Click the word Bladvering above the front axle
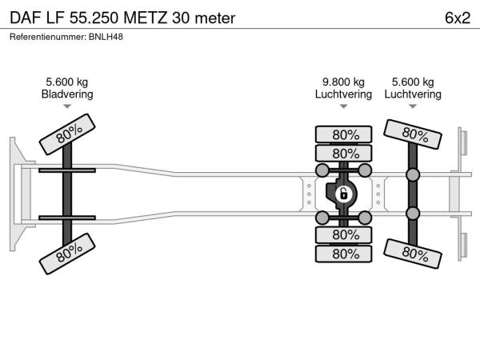(x=67, y=94)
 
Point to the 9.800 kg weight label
(x=343, y=82)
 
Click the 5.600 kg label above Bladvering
(x=67, y=82)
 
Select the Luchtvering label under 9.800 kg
(x=343, y=94)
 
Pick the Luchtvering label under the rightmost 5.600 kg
(x=413, y=94)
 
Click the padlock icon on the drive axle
(x=343, y=194)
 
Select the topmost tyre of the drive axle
(x=343, y=134)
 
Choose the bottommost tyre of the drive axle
(x=343, y=254)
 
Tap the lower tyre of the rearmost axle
(x=413, y=254)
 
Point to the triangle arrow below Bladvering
(x=67, y=106)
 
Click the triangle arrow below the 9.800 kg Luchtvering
(x=343, y=106)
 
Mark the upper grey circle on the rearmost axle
(x=413, y=175)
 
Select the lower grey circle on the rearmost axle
(x=413, y=214)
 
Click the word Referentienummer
(x=45, y=37)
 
